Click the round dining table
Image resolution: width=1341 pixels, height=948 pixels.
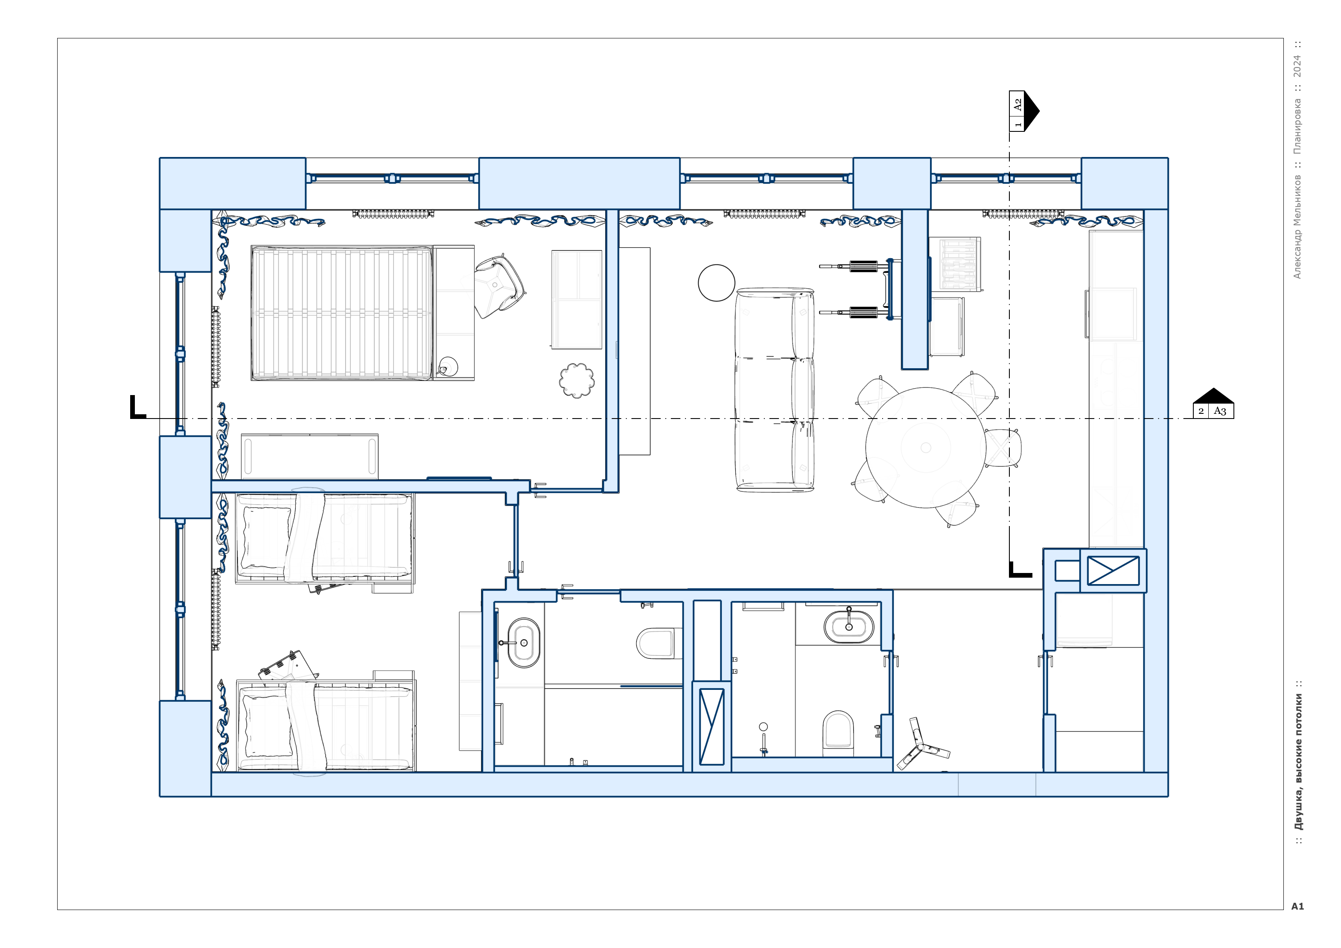(926, 448)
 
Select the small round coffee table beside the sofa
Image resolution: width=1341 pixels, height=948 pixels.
(716, 282)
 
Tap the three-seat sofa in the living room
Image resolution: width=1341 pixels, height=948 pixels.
(775, 390)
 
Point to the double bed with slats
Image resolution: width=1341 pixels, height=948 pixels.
(342, 313)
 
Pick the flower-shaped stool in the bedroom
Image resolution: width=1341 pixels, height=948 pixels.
(577, 380)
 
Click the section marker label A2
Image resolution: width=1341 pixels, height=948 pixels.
(1017, 105)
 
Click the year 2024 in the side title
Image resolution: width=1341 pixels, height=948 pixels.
(1297, 66)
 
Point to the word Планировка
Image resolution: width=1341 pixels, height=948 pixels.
(1297, 126)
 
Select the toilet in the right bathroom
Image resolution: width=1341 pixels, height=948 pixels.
(837, 730)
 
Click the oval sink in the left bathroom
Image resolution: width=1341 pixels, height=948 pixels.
(523, 643)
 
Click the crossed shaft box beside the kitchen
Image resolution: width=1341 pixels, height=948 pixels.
(1113, 570)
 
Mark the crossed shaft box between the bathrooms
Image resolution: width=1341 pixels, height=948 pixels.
(711, 726)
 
